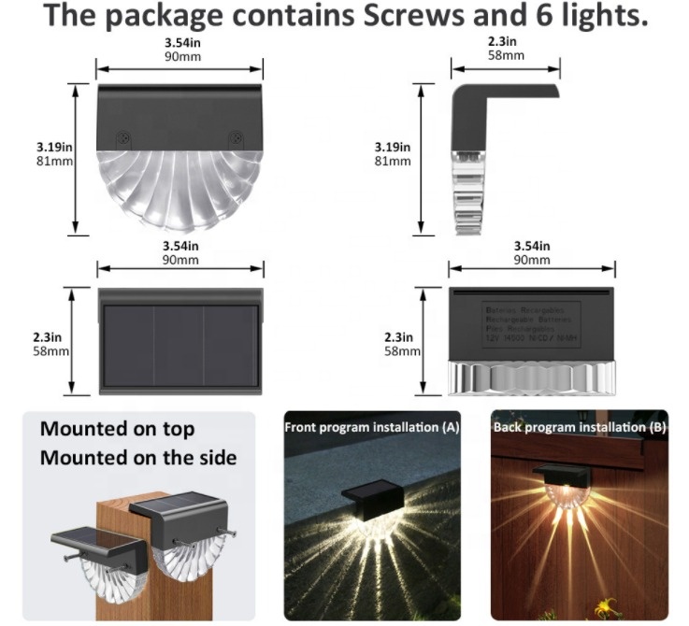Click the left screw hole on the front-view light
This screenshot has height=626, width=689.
122,136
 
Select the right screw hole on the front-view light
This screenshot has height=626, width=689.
237,136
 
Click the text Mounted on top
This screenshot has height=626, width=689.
117,429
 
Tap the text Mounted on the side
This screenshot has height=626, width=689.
137,458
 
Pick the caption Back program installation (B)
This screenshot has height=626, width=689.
579,427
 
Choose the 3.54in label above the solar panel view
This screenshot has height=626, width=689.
179,246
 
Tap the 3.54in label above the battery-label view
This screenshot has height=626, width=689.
532,246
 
